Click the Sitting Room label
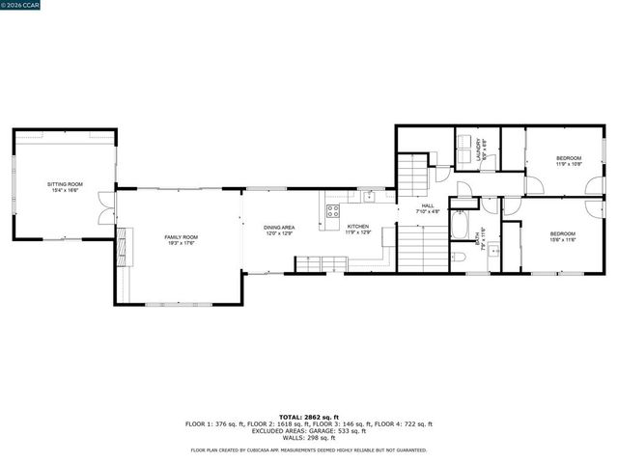tap(66, 187)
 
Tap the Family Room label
tap(181, 240)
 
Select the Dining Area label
tap(280, 230)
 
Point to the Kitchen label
tap(358, 230)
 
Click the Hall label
tap(428, 208)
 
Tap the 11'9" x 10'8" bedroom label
tap(568, 161)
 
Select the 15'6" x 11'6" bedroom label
tap(563, 236)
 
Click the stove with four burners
tap(332, 212)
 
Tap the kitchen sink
tap(368, 196)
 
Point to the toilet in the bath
tap(460, 257)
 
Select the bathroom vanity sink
tap(492, 251)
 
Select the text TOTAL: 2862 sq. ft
tap(309, 416)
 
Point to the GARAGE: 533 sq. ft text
tap(325, 430)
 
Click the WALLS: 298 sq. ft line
tap(309, 437)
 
